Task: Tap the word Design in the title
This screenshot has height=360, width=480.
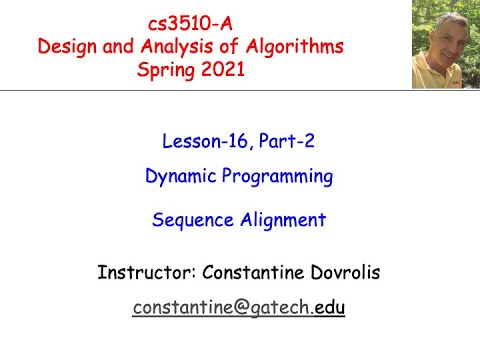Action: point(67,46)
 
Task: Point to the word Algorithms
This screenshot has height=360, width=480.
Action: point(292,46)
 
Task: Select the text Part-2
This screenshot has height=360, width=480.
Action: point(290,140)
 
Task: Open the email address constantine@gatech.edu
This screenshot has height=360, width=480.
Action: point(238,308)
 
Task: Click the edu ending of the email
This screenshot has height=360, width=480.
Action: point(329,308)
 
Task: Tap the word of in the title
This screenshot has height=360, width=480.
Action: point(229,46)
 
